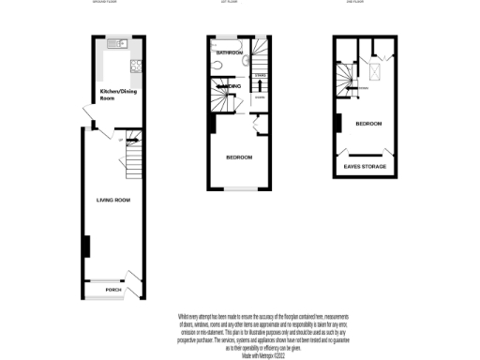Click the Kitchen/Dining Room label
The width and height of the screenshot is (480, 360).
[112, 95]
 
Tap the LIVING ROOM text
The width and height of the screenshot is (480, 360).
[112, 200]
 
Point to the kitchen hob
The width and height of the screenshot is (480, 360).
[138, 66]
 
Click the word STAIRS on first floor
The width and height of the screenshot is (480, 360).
[260, 73]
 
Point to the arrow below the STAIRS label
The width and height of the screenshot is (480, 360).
[260, 82]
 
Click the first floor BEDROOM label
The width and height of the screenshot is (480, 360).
[239, 157]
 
